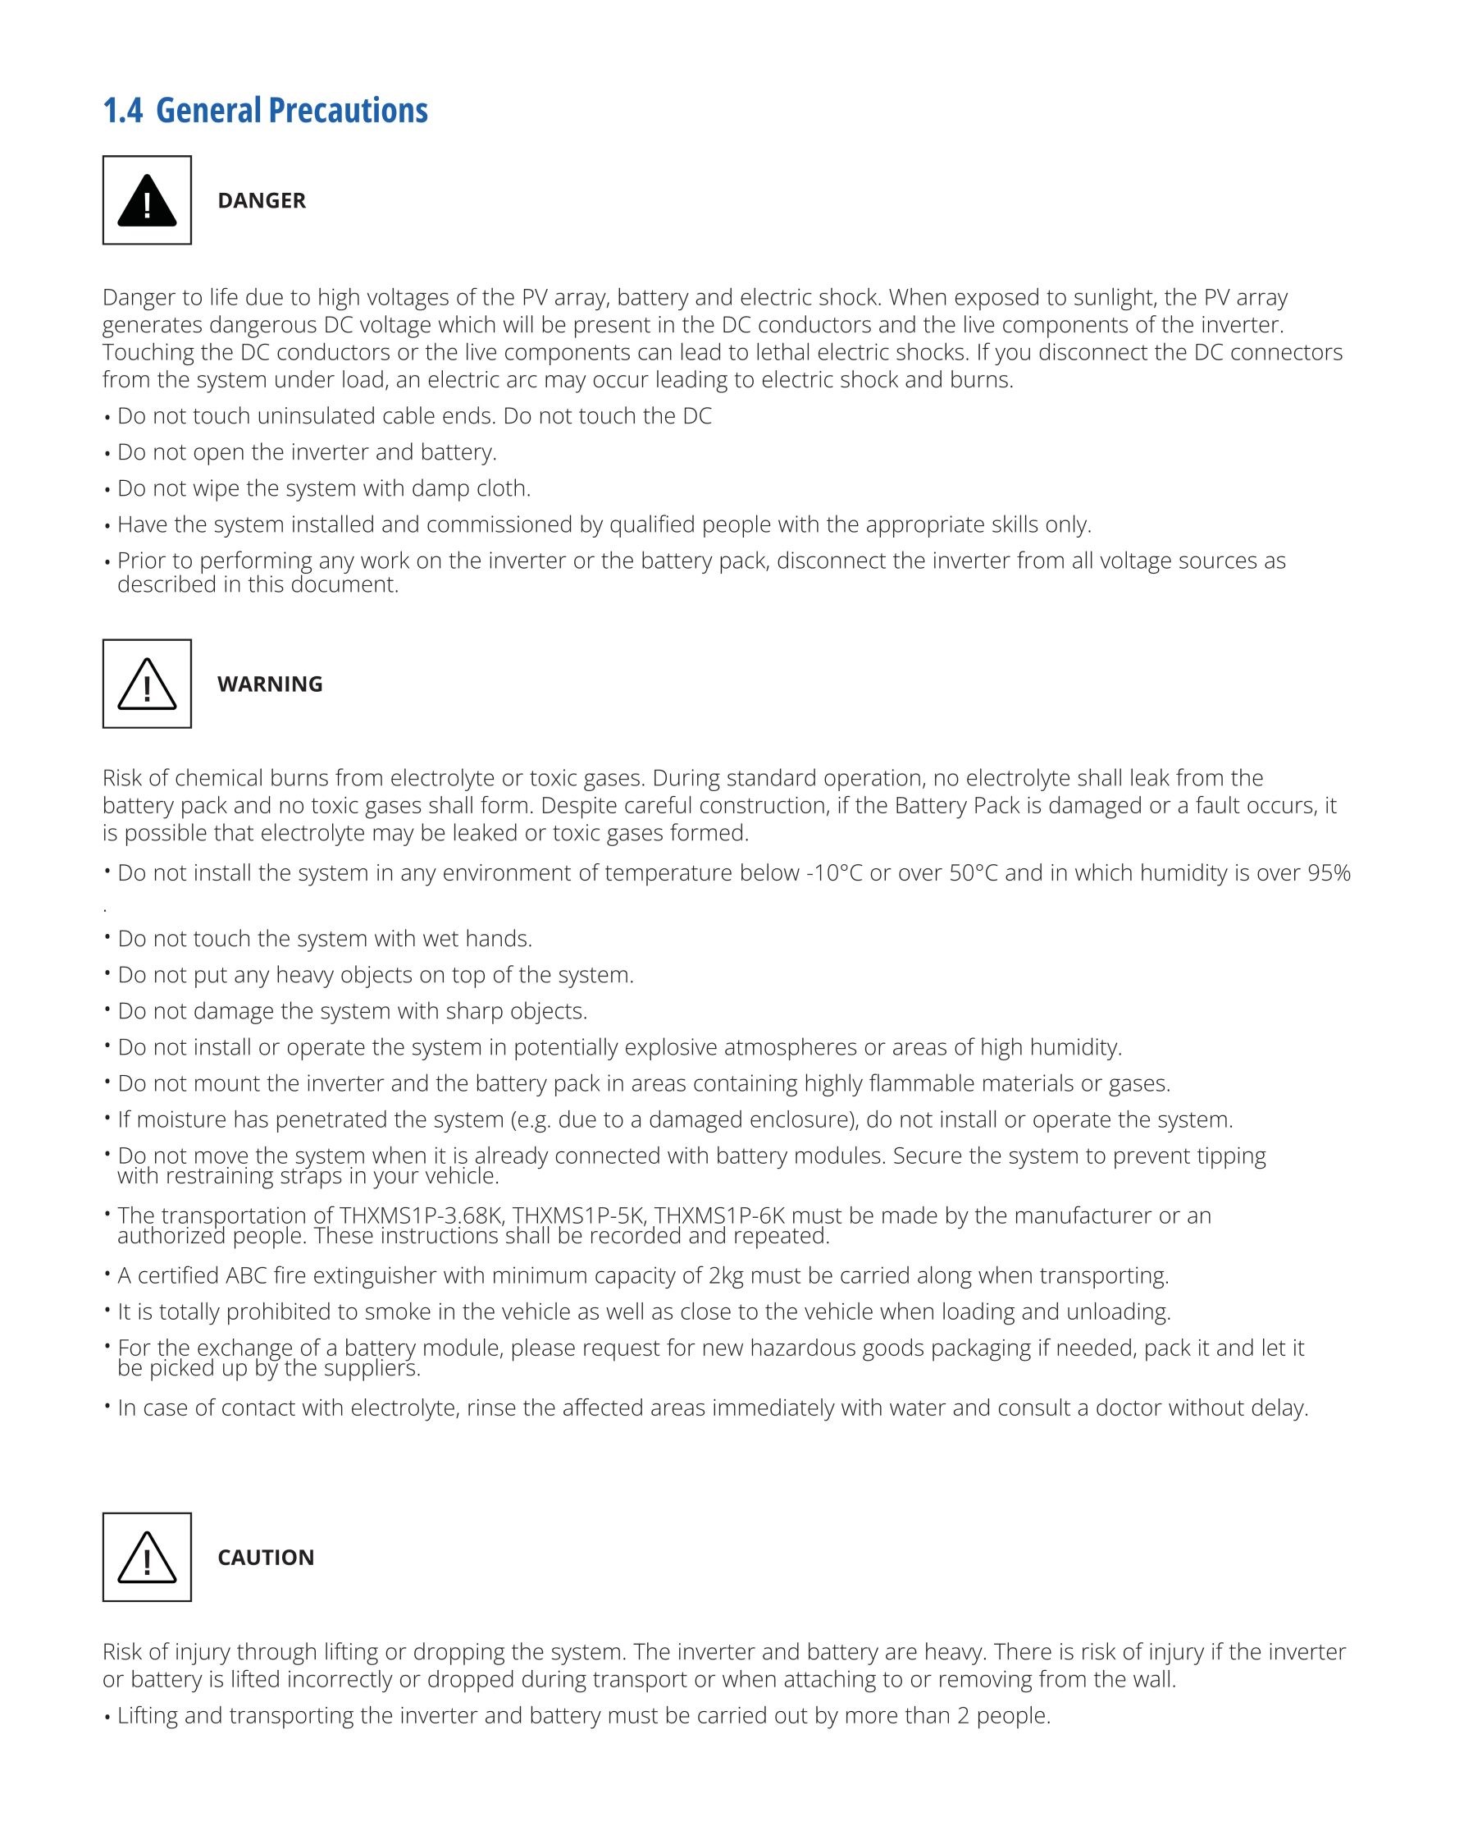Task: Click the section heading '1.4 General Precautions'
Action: click(265, 110)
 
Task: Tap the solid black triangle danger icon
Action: click(147, 201)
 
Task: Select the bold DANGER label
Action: click(262, 200)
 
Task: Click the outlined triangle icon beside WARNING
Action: click(147, 684)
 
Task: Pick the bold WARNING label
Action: click(270, 684)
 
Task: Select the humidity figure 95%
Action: click(1329, 873)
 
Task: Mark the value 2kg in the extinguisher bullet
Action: click(726, 1276)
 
